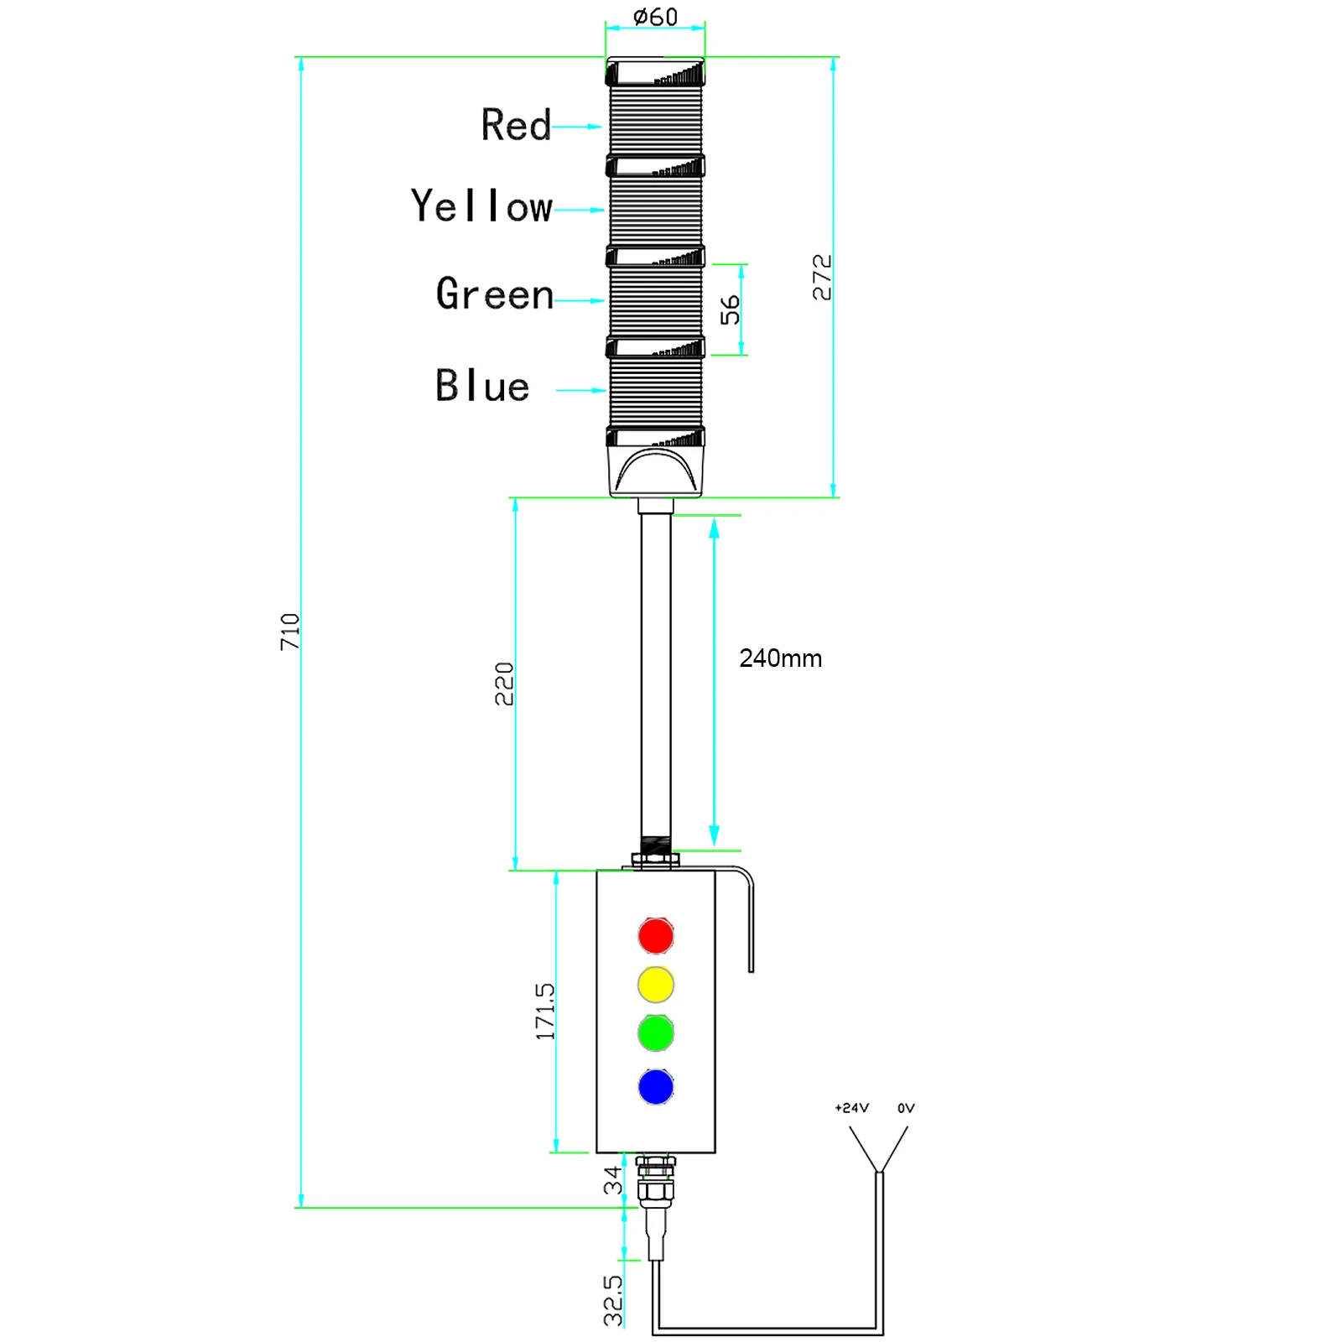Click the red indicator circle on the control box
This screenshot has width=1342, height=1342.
pyautogui.click(x=655, y=935)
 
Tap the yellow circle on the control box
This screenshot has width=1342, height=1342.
pyautogui.click(x=655, y=984)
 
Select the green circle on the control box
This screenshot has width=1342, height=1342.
pyautogui.click(x=655, y=1033)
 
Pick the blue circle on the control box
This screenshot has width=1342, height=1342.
pyautogui.click(x=655, y=1086)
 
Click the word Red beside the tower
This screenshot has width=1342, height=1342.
pyautogui.click(x=515, y=126)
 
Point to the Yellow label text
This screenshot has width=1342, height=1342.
pyautogui.click(x=481, y=206)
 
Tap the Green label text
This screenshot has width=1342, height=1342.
pyautogui.click(x=494, y=294)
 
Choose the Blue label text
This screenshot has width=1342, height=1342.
pyautogui.click(x=481, y=386)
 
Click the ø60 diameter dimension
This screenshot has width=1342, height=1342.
pyautogui.click(x=655, y=17)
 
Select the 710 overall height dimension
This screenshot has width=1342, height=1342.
pyautogui.click(x=289, y=632)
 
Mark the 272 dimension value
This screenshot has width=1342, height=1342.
pyautogui.click(x=822, y=278)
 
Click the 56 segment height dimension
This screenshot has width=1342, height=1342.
pyautogui.click(x=730, y=309)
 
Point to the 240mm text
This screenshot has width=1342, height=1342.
pyautogui.click(x=780, y=658)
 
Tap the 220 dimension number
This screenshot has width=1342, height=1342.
pyautogui.click(x=503, y=684)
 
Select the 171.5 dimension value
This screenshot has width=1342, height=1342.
pyautogui.click(x=545, y=1012)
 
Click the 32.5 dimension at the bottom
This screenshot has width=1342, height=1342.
pyautogui.click(x=613, y=1300)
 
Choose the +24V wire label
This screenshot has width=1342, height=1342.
pyautogui.click(x=851, y=1108)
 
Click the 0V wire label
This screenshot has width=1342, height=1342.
pyautogui.click(x=906, y=1108)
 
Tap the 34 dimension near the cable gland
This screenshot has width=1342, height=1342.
pyautogui.click(x=613, y=1180)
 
